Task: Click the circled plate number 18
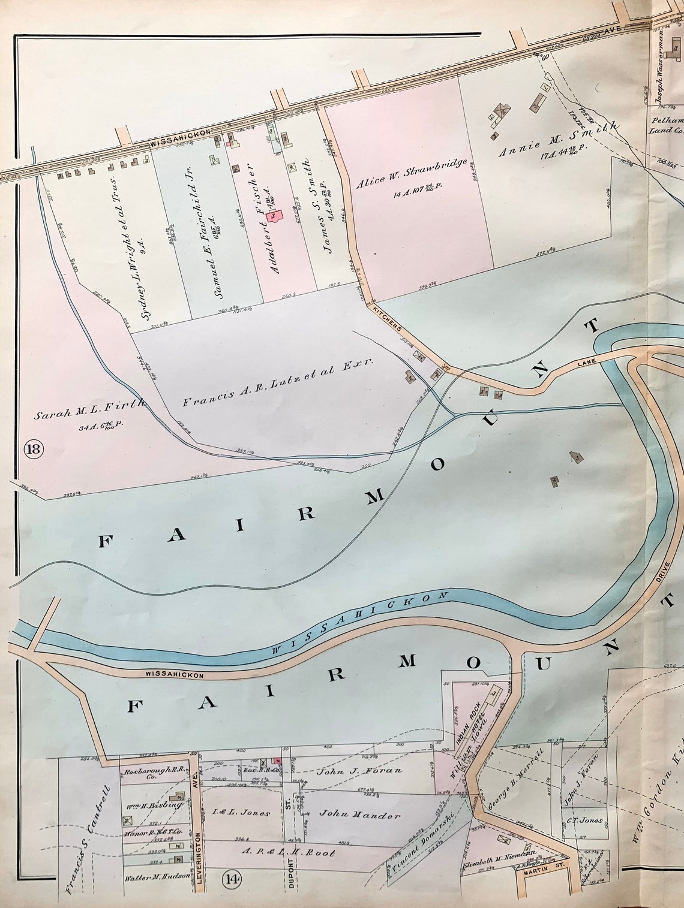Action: point(33,448)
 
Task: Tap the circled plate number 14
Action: point(232,879)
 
